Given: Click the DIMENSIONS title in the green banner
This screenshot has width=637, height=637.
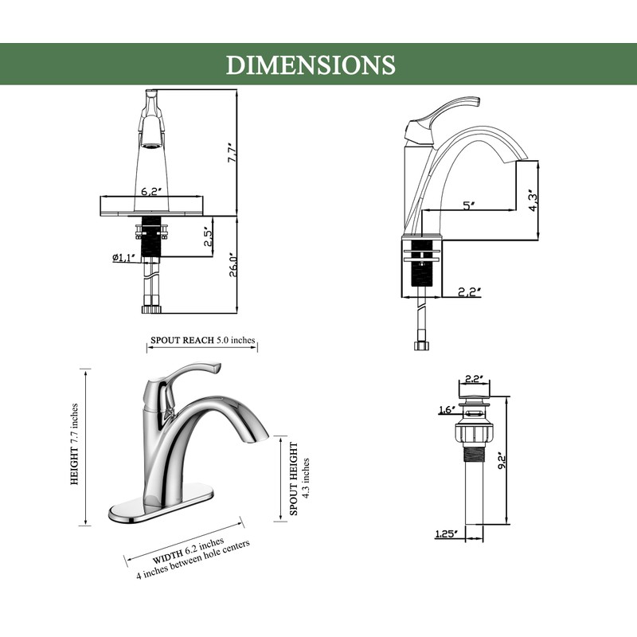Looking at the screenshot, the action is pyautogui.click(x=311, y=64).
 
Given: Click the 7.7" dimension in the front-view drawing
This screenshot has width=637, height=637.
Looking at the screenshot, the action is pyautogui.click(x=232, y=152).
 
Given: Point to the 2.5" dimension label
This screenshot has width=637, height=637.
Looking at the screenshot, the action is pyautogui.click(x=209, y=236).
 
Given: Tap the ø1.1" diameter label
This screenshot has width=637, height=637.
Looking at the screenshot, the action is pyautogui.click(x=124, y=257).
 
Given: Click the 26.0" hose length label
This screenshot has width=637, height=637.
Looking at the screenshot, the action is pyautogui.click(x=233, y=265).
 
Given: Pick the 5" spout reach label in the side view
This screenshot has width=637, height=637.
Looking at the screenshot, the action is pyautogui.click(x=469, y=205).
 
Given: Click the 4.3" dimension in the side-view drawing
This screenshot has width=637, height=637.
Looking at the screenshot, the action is pyautogui.click(x=533, y=200).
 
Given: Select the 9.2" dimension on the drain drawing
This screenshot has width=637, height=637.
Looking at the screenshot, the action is pyautogui.click(x=502, y=461).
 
